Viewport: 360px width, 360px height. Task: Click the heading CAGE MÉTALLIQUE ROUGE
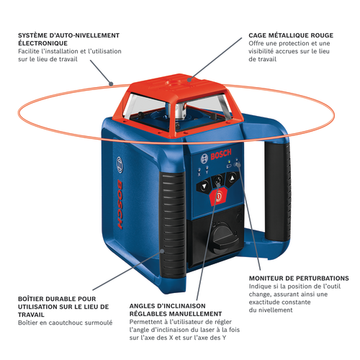tap(290, 34)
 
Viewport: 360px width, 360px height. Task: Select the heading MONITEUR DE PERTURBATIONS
tap(299, 278)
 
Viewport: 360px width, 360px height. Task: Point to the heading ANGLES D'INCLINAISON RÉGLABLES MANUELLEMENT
tap(175, 310)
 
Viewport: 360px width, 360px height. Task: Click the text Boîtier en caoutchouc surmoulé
tap(65, 322)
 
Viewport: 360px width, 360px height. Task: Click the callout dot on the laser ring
tap(111, 84)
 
